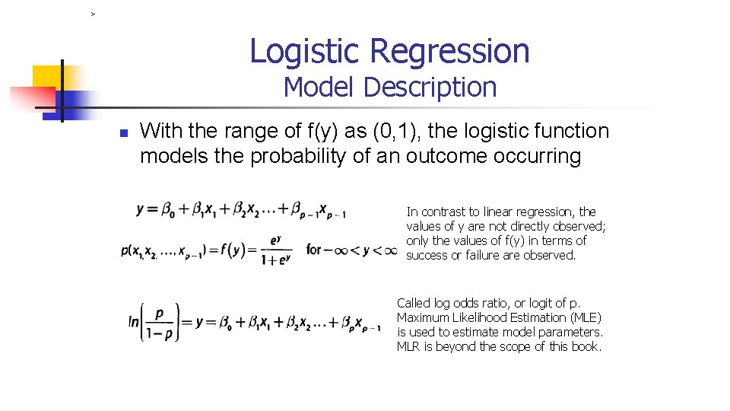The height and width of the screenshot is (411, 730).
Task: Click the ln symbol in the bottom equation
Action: [x=134, y=322]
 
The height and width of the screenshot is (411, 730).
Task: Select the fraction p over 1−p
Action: [x=160, y=323]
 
